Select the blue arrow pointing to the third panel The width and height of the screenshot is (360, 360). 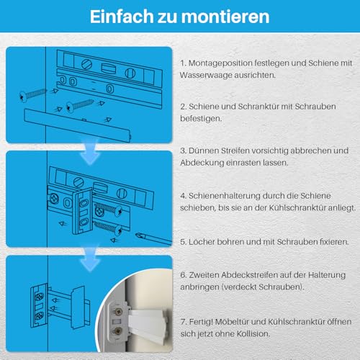(89, 248)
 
